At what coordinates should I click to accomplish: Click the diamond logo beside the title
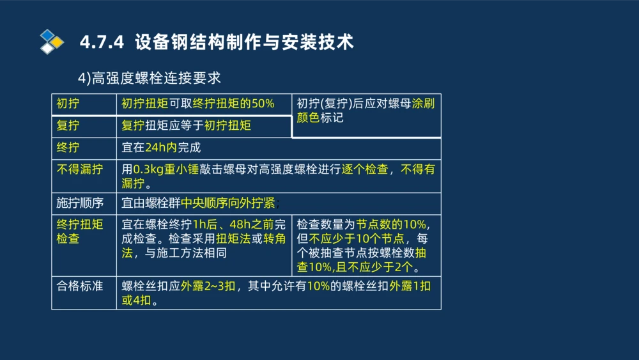coord(51,42)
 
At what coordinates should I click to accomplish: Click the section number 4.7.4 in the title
coord(102,42)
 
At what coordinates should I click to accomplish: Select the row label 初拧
coord(68,104)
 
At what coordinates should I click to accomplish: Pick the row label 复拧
coord(68,126)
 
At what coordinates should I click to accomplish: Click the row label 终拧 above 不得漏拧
coord(68,148)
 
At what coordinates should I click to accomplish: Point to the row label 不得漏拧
coord(79,169)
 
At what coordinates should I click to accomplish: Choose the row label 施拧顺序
coord(79,203)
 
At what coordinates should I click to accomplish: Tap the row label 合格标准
coord(79,286)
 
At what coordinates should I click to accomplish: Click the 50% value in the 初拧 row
coord(263,104)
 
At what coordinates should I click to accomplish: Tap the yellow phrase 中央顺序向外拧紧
coord(227,203)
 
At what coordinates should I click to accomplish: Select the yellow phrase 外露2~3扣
coord(209,286)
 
